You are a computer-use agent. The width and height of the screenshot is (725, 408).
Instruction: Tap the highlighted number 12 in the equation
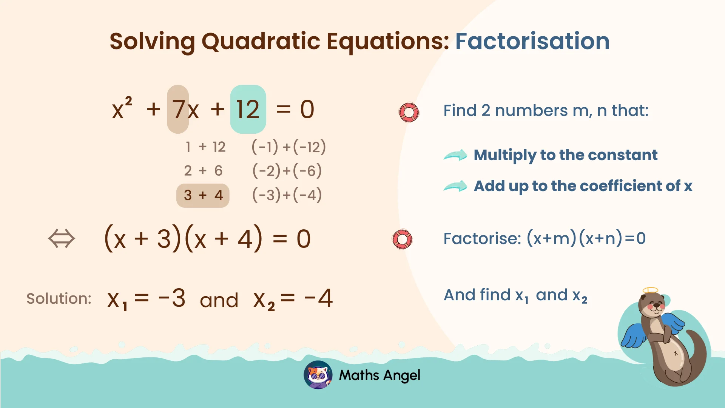pyautogui.click(x=248, y=110)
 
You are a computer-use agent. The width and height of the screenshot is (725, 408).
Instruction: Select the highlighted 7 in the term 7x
pyautogui.click(x=178, y=110)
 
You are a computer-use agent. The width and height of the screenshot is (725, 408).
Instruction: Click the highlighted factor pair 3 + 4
pyautogui.click(x=203, y=195)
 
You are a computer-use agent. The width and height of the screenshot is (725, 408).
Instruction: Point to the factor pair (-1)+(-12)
pyautogui.click(x=288, y=147)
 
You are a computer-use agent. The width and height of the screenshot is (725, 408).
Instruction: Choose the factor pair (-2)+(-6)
pyautogui.click(x=287, y=171)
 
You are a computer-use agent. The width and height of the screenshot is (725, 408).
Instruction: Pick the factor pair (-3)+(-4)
pyautogui.click(x=287, y=195)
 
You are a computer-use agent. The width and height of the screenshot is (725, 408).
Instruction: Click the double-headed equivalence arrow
pyautogui.click(x=62, y=239)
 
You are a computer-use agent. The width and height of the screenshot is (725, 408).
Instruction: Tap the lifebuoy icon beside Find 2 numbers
pyautogui.click(x=409, y=112)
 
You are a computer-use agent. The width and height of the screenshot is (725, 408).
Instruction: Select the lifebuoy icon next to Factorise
pyautogui.click(x=403, y=239)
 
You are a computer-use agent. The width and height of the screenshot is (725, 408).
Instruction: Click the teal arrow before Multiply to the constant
pyautogui.click(x=455, y=155)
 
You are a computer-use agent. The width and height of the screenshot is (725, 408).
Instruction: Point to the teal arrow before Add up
pyautogui.click(x=455, y=186)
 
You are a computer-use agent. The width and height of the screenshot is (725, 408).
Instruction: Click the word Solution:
pyautogui.click(x=59, y=298)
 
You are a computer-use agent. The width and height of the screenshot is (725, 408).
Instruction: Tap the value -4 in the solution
pyautogui.click(x=319, y=298)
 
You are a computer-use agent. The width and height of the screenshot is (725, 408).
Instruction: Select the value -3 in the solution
pyautogui.click(x=172, y=298)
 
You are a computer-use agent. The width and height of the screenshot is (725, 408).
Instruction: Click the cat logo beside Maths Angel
pyautogui.click(x=318, y=375)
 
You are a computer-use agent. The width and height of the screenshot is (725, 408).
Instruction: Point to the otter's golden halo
pyautogui.click(x=650, y=290)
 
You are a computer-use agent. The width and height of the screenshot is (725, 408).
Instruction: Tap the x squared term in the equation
pyautogui.click(x=122, y=108)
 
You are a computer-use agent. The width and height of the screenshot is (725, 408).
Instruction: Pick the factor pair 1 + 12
pyautogui.click(x=205, y=147)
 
